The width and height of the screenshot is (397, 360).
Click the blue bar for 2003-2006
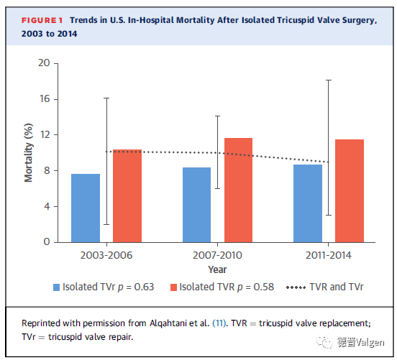coord(86,208)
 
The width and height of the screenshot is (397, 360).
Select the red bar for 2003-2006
coord(127,196)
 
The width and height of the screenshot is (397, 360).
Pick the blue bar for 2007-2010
coord(197,205)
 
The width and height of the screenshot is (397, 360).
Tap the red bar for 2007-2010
coord(239,190)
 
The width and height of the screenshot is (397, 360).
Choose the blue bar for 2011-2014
coord(308,203)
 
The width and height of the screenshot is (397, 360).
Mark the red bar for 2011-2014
coord(350,190)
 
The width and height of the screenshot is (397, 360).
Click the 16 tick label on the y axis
coord(45,99)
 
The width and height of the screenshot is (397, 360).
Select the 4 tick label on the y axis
coord(47,206)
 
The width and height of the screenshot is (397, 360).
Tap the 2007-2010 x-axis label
coord(217,255)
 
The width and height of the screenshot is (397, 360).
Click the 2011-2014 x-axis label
coord(329,255)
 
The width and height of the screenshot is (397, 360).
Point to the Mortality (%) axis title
coord(28,152)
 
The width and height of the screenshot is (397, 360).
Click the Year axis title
coord(217,269)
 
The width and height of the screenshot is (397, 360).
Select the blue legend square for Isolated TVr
coord(57,287)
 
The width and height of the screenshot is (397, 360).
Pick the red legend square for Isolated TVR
coord(174,287)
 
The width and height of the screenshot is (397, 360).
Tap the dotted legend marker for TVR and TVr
coord(296,287)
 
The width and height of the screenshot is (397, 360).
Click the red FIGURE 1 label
coord(42,20)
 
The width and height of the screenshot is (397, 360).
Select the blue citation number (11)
coord(219,323)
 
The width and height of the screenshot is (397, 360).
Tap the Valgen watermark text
coord(370,342)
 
